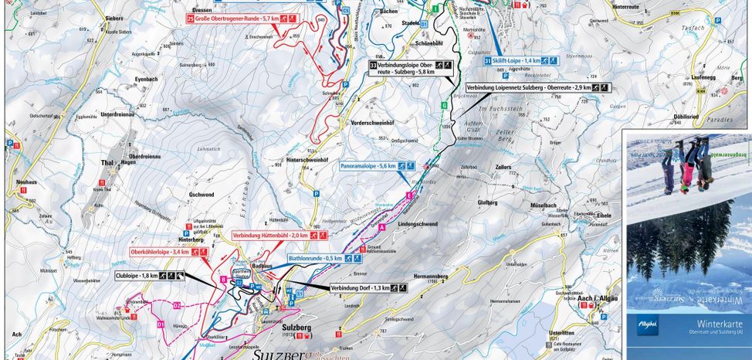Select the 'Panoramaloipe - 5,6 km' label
[374, 166]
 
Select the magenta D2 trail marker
[176, 305]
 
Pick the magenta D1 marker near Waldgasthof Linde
[161, 325]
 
